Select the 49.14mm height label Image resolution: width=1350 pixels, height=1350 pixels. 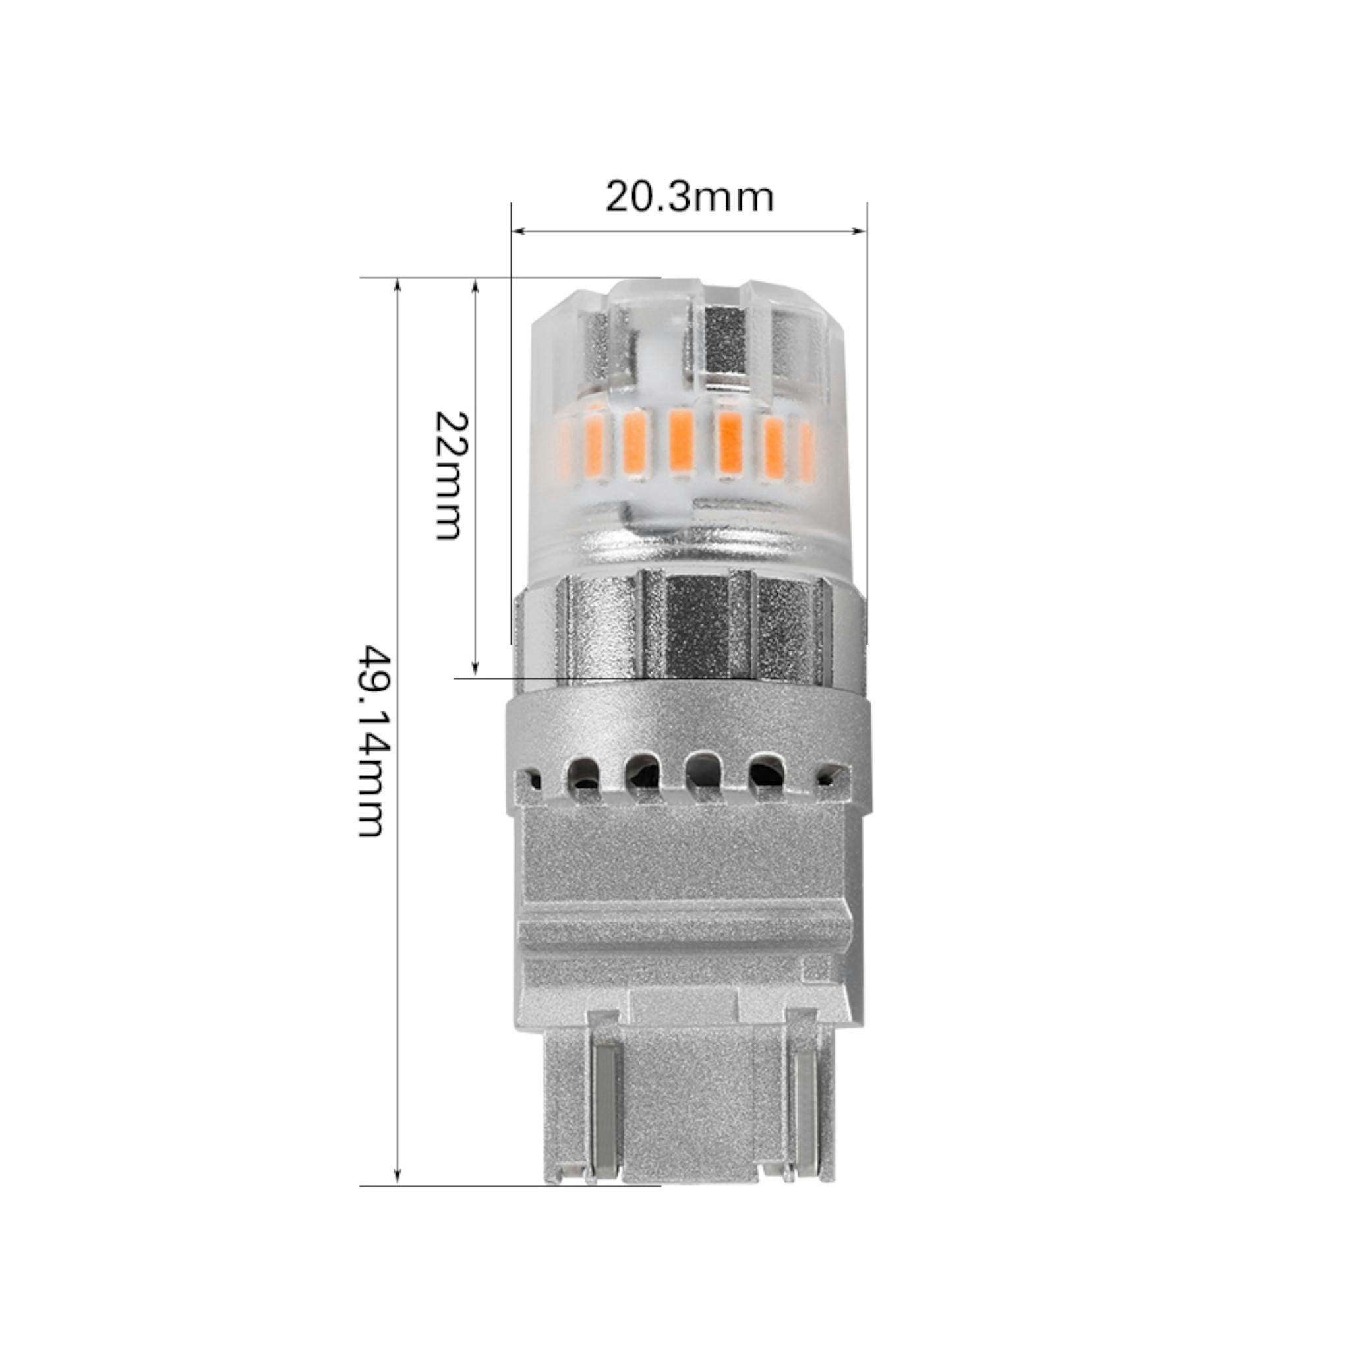pyautogui.click(x=370, y=742)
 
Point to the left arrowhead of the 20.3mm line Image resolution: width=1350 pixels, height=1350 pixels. pyautogui.click(x=519, y=232)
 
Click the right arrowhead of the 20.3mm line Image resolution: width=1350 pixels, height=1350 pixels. pyautogui.click(x=860, y=232)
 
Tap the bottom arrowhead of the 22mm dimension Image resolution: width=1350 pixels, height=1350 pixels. pyautogui.click(x=475, y=670)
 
